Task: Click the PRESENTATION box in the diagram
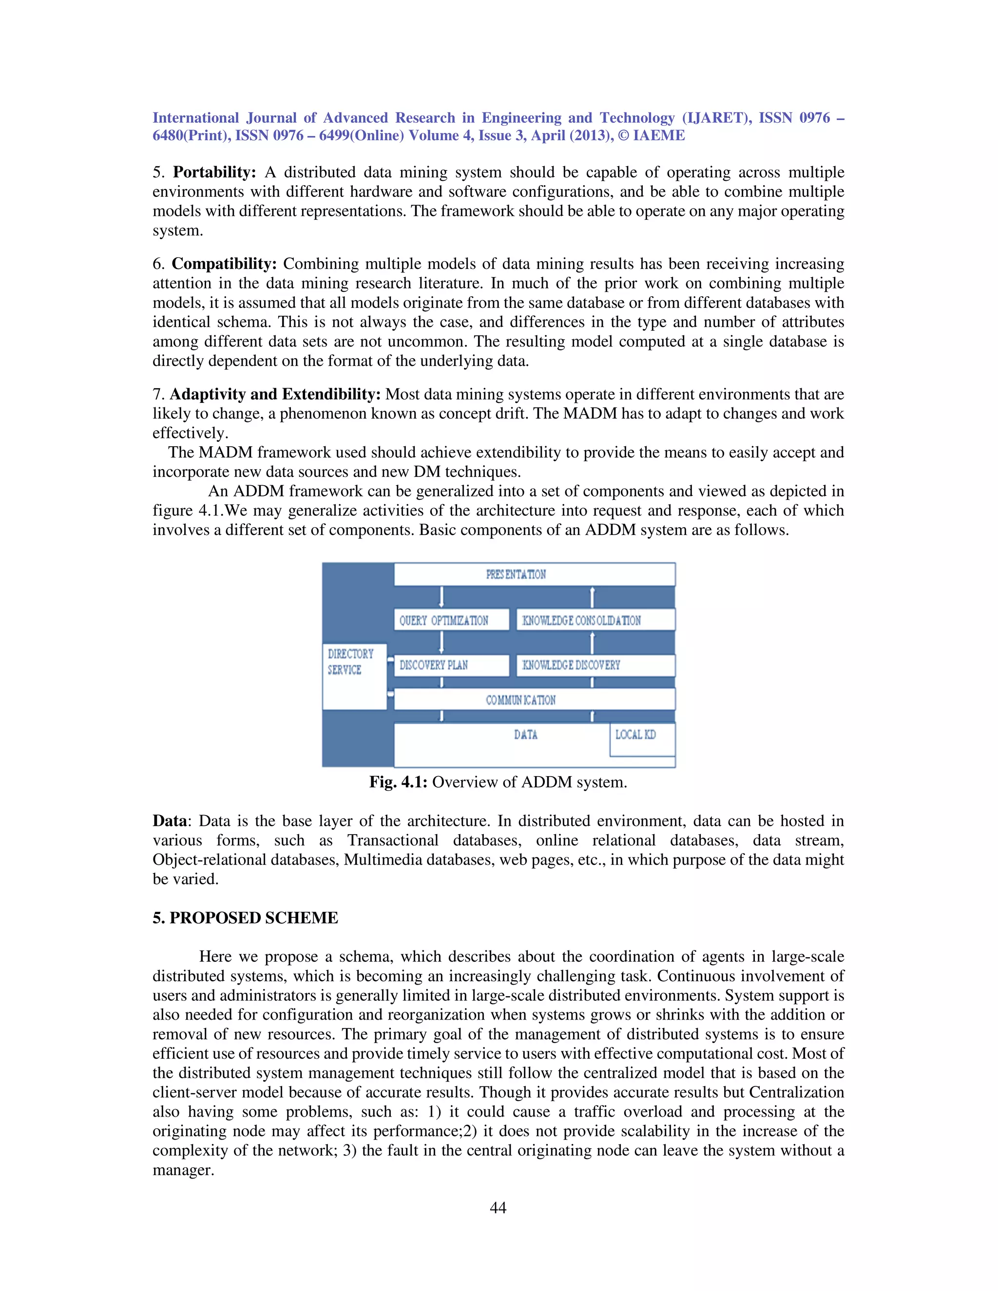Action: click(534, 574)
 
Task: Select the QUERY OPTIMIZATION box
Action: click(451, 620)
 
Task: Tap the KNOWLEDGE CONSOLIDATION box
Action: click(595, 620)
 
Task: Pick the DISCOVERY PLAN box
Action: click(451, 665)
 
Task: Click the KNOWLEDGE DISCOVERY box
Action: click(595, 665)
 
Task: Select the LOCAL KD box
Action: click(641, 739)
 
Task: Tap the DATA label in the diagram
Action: click(525, 735)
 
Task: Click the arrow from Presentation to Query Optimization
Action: click(441, 597)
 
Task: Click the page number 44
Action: click(498, 1208)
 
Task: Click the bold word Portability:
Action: click(214, 172)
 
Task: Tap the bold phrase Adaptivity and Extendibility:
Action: click(275, 394)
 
